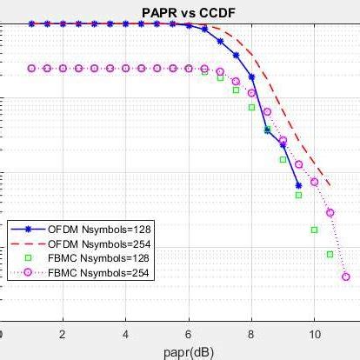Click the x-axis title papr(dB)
click(187, 352)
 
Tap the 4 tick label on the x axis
click(126, 334)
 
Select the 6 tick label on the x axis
click(189, 334)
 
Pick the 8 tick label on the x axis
click(251, 334)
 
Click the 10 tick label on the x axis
click(314, 334)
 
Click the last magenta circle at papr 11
click(346, 277)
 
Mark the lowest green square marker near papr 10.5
click(330, 254)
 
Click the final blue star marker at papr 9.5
click(298, 184)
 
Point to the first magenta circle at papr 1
click(32, 67)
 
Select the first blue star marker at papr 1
click(32, 24)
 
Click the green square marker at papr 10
click(314, 230)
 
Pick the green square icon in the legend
click(28, 258)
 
